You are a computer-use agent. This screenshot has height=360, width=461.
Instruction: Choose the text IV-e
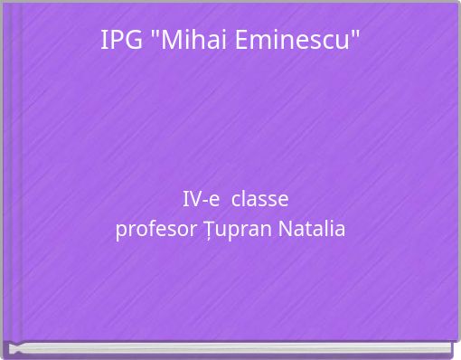200,199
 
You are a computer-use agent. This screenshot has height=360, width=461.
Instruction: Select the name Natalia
312,229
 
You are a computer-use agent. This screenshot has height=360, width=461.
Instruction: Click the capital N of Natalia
285,229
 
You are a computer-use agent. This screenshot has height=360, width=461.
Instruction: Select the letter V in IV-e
193,199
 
